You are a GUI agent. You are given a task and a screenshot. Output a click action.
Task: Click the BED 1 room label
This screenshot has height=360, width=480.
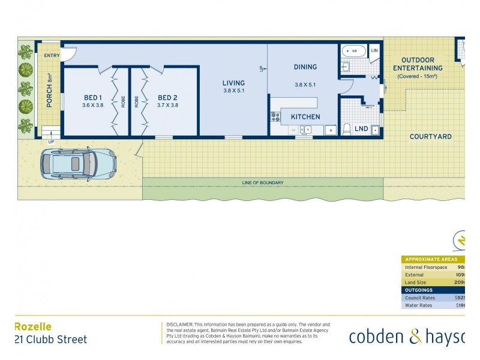93,97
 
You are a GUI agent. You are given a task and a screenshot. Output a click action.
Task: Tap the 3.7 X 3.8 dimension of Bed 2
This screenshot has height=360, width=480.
167,105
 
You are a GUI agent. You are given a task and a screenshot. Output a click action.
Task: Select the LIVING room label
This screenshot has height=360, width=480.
233,83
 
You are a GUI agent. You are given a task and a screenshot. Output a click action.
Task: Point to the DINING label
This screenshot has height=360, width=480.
305,67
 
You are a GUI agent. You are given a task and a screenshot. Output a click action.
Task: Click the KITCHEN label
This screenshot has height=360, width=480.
305,116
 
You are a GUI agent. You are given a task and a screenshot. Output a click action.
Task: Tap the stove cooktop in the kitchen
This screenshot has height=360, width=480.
276,116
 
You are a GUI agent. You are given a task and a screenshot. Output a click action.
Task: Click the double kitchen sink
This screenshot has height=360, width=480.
305,129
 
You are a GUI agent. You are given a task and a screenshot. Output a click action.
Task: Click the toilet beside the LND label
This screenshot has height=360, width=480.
346,128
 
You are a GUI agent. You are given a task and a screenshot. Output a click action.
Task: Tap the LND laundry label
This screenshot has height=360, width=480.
361,129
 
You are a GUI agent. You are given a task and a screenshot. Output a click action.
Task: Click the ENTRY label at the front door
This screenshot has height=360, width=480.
52,55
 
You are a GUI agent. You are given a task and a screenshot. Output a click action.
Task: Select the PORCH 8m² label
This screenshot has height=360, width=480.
50,95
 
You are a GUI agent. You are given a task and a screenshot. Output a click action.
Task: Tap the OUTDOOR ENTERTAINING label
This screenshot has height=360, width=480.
422,64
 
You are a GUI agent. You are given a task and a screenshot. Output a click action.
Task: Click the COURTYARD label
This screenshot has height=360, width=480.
430,136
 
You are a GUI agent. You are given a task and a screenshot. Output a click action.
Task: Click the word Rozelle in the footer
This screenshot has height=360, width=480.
33,326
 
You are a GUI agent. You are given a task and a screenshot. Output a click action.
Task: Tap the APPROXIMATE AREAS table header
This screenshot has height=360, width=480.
432,259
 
